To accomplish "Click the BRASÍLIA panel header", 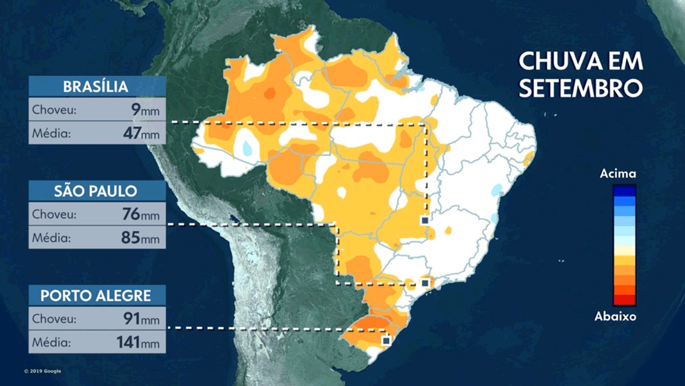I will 96,87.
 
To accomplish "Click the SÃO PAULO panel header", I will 96,191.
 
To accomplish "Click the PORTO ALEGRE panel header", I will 96,295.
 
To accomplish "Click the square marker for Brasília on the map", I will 424,220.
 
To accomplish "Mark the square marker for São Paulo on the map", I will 425,283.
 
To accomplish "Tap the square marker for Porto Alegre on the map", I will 386,340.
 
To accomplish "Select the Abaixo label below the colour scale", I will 615,316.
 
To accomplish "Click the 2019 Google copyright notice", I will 43,371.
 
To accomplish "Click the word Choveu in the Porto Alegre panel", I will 51,319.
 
